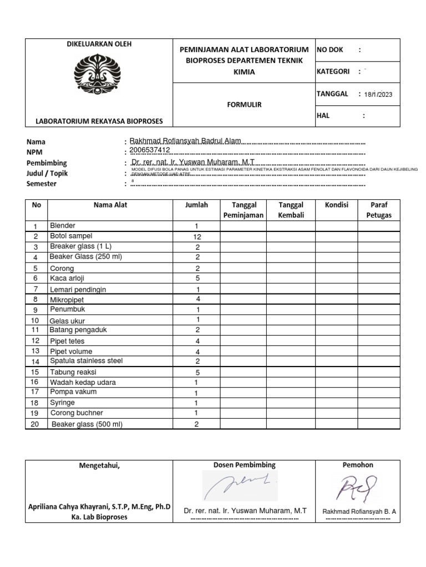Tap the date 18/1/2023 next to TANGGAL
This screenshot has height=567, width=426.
click(x=378, y=95)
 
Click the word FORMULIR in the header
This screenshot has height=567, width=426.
click(x=244, y=104)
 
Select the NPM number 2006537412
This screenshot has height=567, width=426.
click(x=149, y=150)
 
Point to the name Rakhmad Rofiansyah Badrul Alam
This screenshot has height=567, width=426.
click(x=185, y=141)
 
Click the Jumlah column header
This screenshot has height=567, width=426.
click(x=196, y=205)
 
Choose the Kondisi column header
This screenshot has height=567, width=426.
click(x=336, y=205)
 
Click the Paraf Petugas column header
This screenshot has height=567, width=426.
click(x=378, y=210)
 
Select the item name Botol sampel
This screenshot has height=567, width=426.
click(x=71, y=236)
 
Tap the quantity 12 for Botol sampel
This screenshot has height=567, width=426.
click(x=196, y=236)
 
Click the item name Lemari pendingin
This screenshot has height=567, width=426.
click(x=78, y=290)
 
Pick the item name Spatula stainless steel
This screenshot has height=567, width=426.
click(x=86, y=361)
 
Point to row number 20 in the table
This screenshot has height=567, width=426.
click(x=35, y=424)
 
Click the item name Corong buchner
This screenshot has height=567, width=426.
click(x=77, y=413)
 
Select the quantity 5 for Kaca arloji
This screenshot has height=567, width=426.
click(x=196, y=279)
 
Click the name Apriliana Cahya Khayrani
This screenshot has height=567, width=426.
click(x=99, y=507)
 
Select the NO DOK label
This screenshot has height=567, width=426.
click(x=329, y=50)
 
